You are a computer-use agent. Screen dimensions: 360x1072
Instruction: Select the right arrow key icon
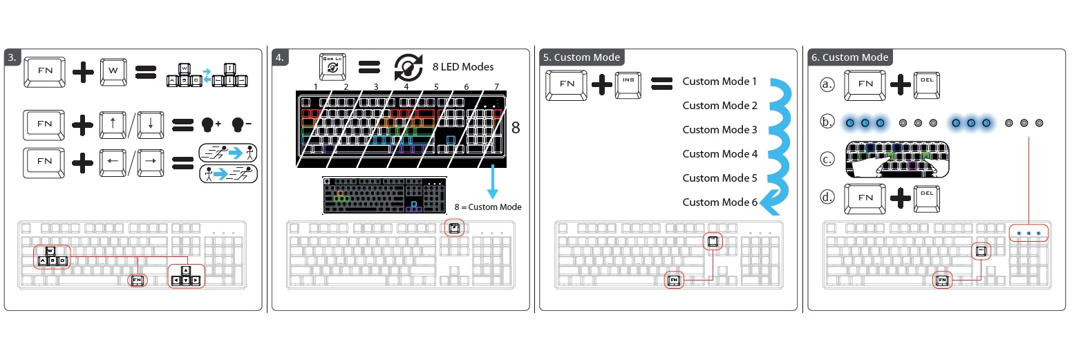(x=150, y=162)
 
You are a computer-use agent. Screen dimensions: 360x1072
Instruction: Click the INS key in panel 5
(x=627, y=84)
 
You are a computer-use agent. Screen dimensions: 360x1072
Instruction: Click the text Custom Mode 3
(x=720, y=130)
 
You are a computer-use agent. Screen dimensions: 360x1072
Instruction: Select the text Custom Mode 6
(x=720, y=202)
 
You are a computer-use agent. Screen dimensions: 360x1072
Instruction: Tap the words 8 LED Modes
(x=462, y=67)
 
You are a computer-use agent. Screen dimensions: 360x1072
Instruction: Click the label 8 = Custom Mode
(x=488, y=207)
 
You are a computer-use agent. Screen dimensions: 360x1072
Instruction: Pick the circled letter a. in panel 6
(x=827, y=85)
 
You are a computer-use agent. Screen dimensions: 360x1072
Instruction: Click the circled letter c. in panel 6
(x=827, y=159)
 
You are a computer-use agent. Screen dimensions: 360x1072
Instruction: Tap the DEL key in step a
(x=926, y=84)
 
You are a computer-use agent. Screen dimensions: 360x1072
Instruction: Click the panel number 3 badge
(x=12, y=57)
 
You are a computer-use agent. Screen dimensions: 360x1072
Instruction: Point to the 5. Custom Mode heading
(x=581, y=57)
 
